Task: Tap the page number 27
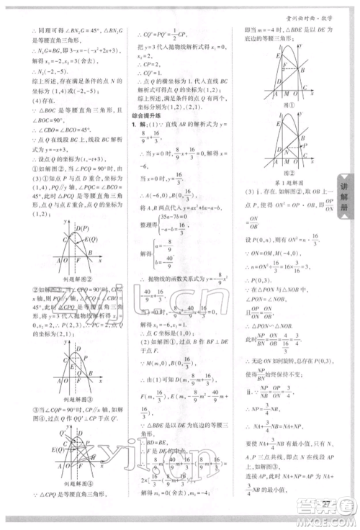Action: pyautogui.click(x=328, y=502)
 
